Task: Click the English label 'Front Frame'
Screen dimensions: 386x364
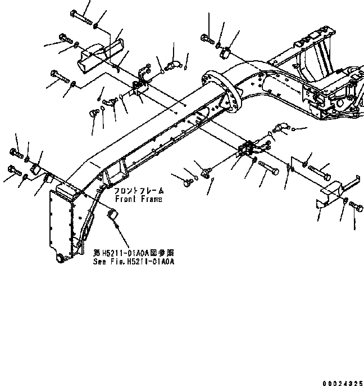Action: [138, 199]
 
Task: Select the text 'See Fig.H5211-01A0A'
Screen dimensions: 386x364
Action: [133, 262]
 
